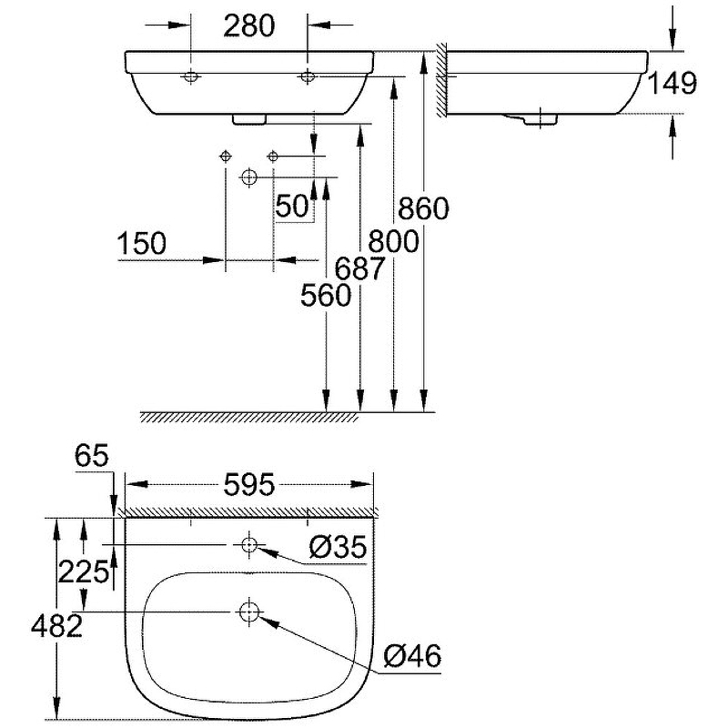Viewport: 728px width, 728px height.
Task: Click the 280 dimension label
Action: point(248,26)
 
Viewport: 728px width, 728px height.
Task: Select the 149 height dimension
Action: point(672,84)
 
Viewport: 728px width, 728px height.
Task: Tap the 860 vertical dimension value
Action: point(423,209)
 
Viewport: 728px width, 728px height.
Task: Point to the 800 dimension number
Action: point(392,241)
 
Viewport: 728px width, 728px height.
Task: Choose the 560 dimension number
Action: point(326,296)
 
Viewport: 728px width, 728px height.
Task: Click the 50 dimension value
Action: point(293,207)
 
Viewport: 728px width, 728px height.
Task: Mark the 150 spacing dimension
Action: point(142,244)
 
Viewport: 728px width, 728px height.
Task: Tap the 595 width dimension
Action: point(248,486)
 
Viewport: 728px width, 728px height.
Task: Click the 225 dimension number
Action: point(83,571)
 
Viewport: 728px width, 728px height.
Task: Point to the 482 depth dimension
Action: point(56,625)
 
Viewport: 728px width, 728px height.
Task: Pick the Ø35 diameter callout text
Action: point(337,547)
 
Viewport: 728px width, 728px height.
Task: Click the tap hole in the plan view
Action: point(248,544)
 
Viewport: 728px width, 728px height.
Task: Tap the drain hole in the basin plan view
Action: point(248,612)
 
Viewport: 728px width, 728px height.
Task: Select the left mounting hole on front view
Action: point(191,77)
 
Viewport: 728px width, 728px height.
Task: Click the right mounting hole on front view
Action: point(308,77)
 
